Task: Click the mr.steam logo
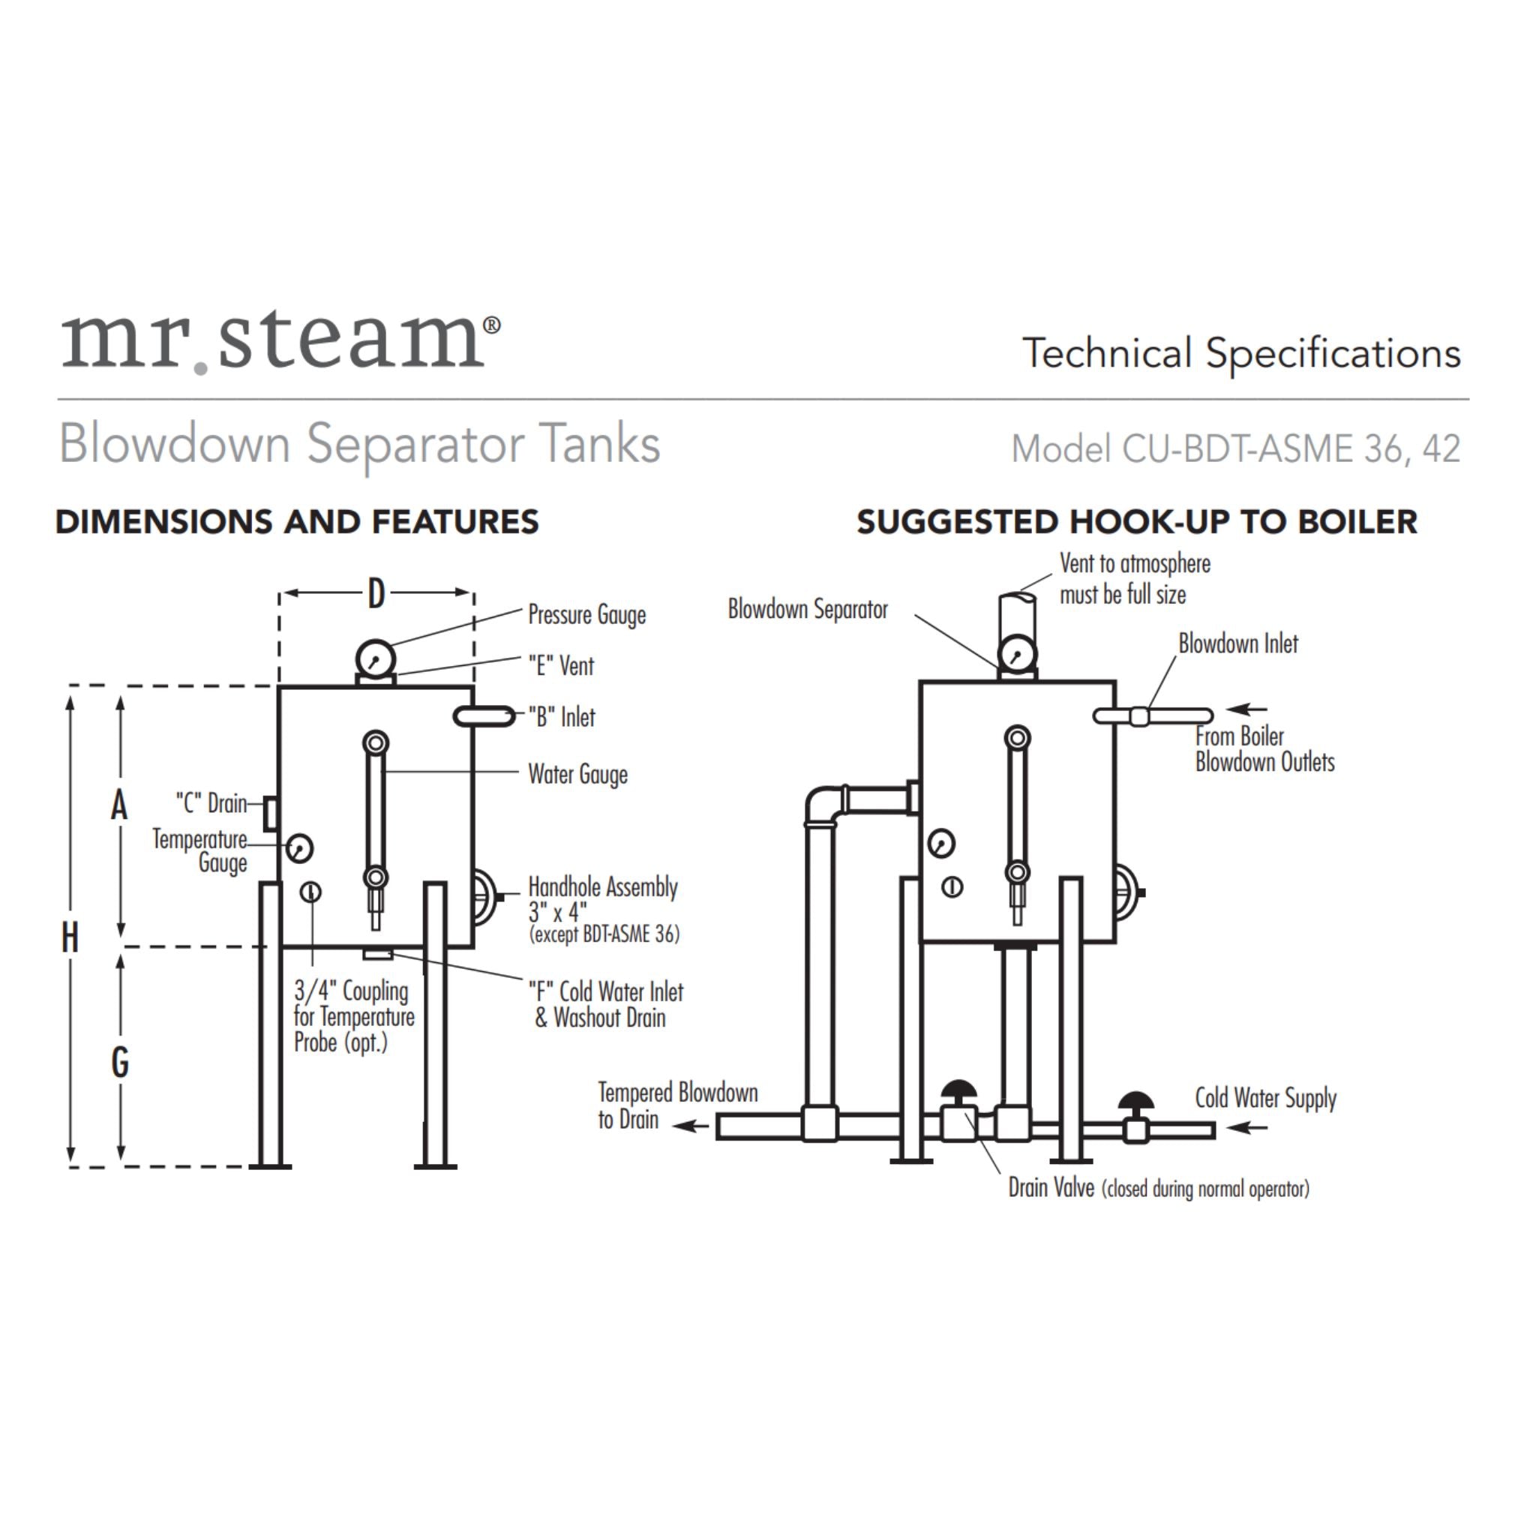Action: pos(280,342)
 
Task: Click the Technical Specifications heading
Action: pos(1240,352)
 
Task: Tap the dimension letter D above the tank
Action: pos(376,594)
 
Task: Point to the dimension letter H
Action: pos(70,937)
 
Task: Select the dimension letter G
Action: pos(120,1062)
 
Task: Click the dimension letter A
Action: pos(119,805)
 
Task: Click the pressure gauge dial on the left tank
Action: pos(376,658)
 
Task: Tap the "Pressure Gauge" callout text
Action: pos(586,614)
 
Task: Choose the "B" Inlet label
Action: pos(562,716)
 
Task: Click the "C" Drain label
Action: pos(211,803)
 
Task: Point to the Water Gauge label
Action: pos(577,774)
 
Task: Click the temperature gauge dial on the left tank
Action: pos(299,847)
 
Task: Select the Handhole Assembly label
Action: pos(603,887)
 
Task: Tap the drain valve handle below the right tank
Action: pos(959,1091)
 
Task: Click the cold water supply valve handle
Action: pos(1135,1101)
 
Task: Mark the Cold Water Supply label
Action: pos(1265,1098)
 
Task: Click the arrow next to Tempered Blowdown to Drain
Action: pos(691,1126)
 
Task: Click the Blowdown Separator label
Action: pos(808,609)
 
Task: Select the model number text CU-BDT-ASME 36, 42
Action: pos(1235,448)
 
